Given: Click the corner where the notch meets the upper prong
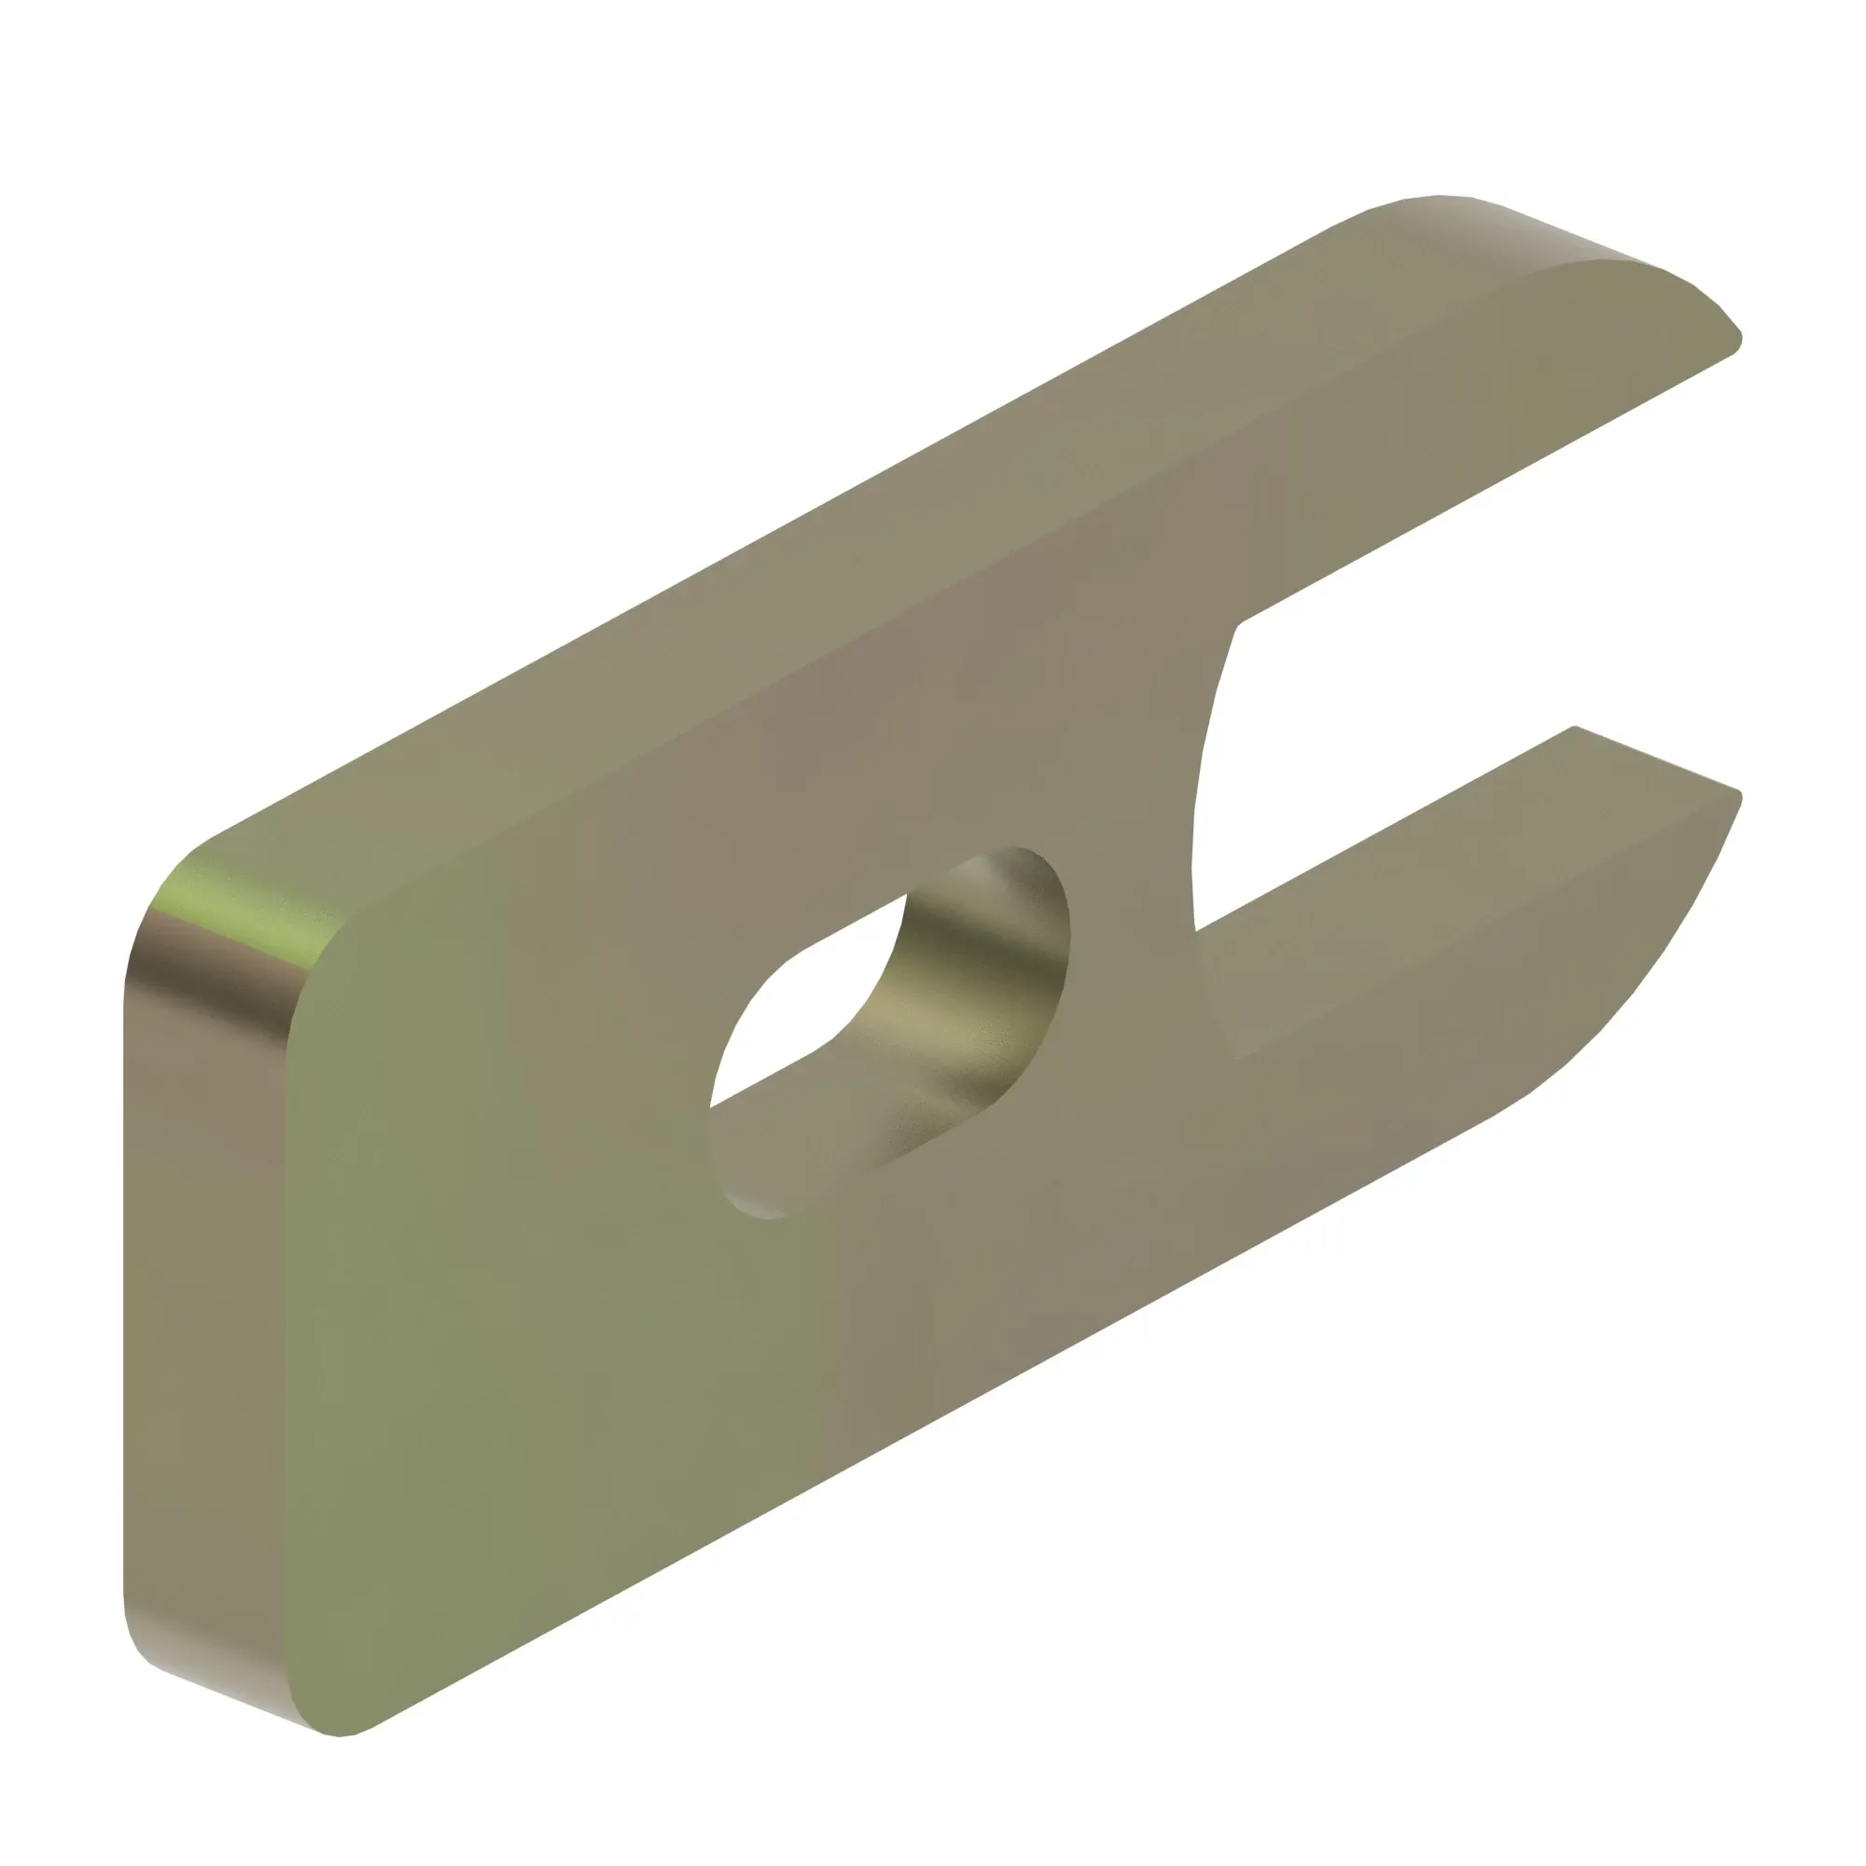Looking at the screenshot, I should (1240, 628).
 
